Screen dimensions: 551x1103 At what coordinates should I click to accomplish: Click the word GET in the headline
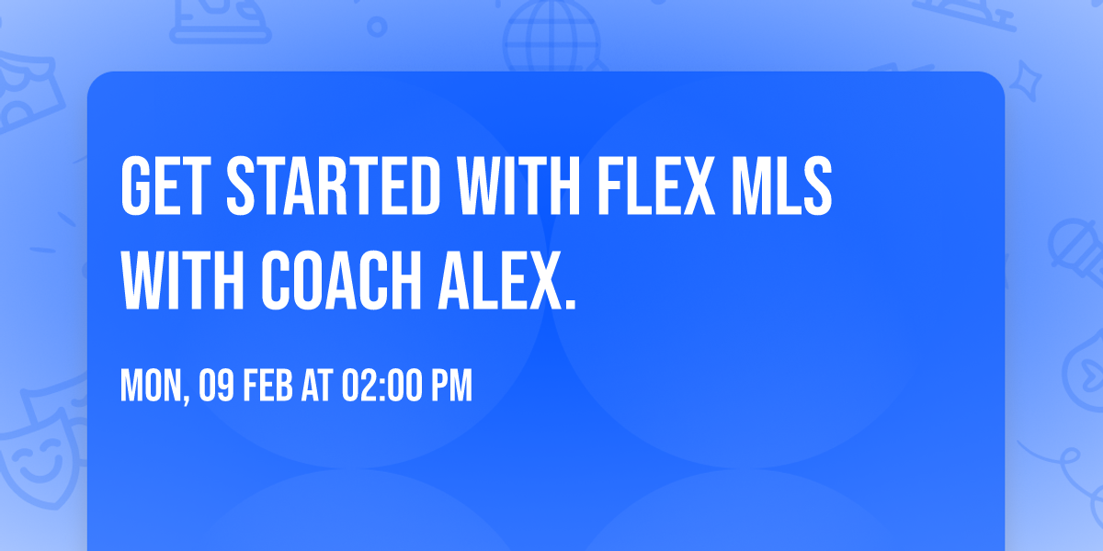[x=164, y=186]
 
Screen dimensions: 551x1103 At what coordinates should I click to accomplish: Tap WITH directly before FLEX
[x=518, y=186]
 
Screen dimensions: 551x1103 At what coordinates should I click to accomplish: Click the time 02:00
[x=381, y=388]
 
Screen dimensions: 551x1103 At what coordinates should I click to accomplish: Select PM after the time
[x=452, y=388]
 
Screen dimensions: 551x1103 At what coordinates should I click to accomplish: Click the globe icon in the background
[x=550, y=37]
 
